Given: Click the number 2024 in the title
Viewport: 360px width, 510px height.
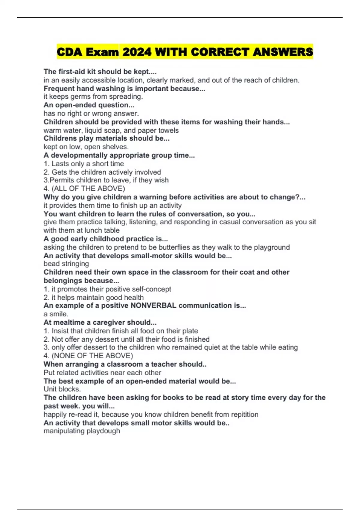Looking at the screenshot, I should coord(137,52).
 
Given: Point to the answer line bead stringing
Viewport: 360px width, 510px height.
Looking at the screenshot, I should coord(66,264).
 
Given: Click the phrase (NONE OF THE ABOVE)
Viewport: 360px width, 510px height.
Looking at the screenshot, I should coord(92,356).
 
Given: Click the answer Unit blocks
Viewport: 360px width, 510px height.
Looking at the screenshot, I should coord(62,389).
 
